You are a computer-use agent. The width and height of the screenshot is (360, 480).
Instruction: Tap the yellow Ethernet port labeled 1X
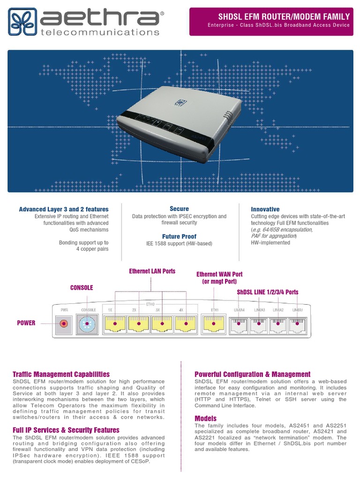(115, 323)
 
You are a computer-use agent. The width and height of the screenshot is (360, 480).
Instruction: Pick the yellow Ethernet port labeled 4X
(186, 323)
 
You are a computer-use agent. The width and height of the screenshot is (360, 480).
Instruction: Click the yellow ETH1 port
(215, 323)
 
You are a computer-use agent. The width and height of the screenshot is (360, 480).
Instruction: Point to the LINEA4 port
(239, 323)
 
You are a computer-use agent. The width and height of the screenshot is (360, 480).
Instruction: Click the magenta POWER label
(26, 323)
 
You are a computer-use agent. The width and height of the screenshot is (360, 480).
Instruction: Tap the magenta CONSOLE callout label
(82, 287)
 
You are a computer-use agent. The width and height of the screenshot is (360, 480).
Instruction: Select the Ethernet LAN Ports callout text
(152, 271)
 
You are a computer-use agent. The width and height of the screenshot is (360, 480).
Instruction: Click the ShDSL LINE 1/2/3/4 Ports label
(268, 292)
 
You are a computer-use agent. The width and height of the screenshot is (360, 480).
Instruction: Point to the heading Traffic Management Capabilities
(61, 374)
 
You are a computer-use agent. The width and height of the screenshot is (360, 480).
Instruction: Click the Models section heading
(205, 418)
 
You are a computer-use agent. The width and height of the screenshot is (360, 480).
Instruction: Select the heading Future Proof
(179, 237)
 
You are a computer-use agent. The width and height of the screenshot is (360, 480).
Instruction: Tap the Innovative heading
(265, 209)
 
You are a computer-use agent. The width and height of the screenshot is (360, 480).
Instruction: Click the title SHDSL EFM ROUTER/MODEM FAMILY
(284, 16)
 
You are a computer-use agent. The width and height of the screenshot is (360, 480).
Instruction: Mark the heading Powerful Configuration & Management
(252, 374)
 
